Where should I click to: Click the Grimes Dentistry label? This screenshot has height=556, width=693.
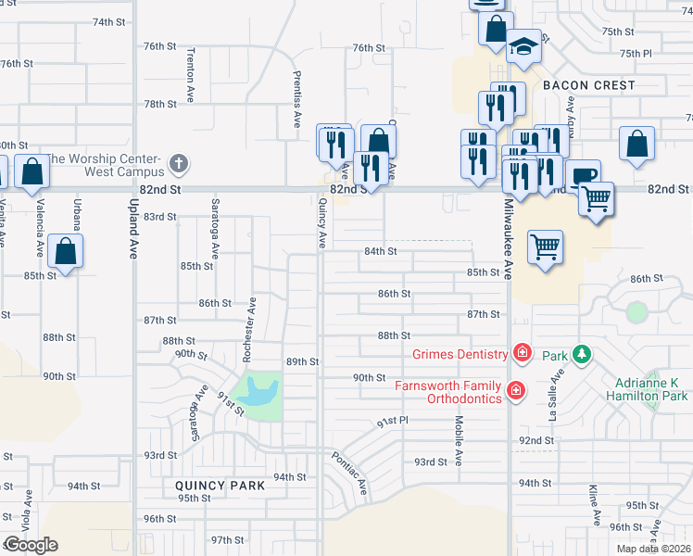point(460,354)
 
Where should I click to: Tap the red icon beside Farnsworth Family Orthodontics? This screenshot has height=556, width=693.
point(516,393)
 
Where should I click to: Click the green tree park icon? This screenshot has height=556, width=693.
point(581,354)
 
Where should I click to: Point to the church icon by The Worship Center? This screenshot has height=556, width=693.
point(180,166)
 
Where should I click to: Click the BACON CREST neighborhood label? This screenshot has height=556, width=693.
point(589,85)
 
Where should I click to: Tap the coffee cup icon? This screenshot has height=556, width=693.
point(582,175)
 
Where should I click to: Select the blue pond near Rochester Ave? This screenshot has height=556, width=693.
point(258,393)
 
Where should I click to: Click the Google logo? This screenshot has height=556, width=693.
point(31,545)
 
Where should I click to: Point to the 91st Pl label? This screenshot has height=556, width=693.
point(393,422)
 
